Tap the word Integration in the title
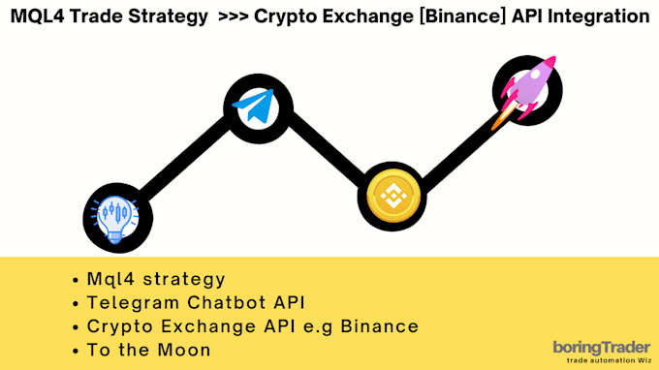[x=596, y=16]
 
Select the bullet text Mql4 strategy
[x=155, y=280]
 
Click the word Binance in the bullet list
[x=381, y=326]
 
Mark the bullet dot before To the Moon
[x=76, y=350]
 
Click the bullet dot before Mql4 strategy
[x=76, y=280]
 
